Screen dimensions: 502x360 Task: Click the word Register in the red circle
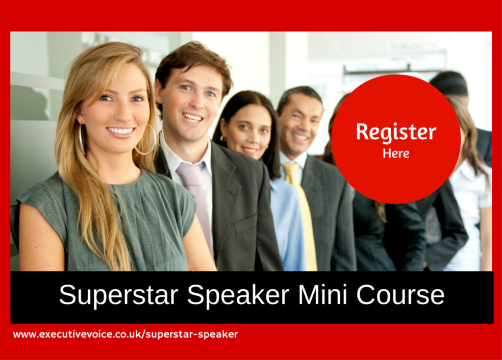396,131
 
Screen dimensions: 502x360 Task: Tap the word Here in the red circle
396,154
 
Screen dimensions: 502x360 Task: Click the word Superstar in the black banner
119,295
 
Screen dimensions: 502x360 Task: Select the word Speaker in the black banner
238,295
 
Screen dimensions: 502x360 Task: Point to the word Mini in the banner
323,294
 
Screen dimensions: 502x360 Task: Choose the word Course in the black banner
400,294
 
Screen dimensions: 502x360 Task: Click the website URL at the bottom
125,334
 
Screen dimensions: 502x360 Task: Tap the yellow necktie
301,215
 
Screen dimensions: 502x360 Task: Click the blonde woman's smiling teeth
121,130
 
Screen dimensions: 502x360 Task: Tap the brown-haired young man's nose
196,102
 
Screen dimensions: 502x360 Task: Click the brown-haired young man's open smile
193,118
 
